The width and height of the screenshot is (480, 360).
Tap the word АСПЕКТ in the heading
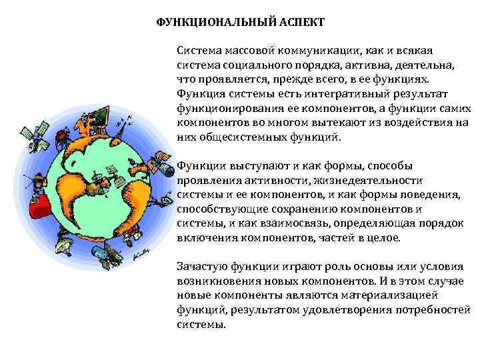tap(300, 22)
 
